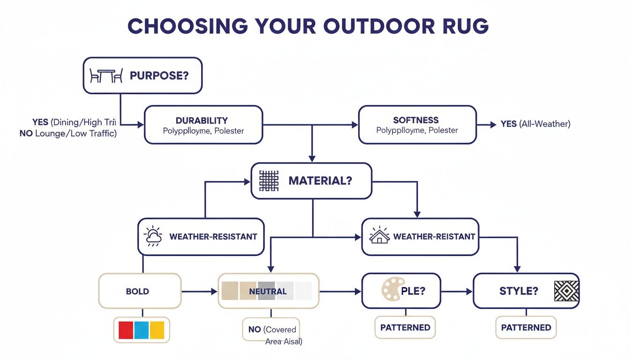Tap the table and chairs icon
tap(106, 75)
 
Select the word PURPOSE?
tap(159, 75)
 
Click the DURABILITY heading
tap(202, 120)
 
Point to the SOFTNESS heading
tap(416, 120)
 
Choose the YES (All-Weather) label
tap(535, 124)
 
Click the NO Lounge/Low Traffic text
tap(68, 134)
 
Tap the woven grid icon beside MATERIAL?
tap(269, 180)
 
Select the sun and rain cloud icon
tap(153, 237)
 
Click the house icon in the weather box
tap(379, 236)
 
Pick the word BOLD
tap(137, 291)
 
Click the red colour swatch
tap(126, 330)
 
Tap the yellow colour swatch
tap(157, 330)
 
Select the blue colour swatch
tap(142, 330)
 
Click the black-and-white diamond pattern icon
tap(566, 291)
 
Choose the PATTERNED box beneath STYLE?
tap(526, 328)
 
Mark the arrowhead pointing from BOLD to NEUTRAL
tap(215, 292)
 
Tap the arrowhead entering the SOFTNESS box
tap(355, 125)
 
